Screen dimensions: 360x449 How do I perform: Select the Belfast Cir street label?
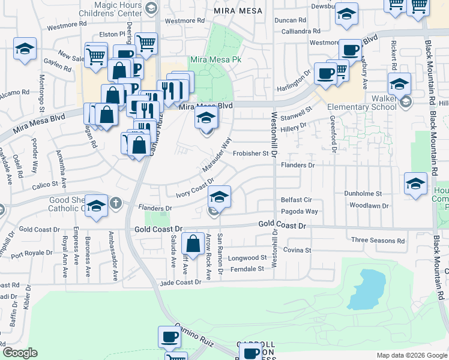coord(297,200)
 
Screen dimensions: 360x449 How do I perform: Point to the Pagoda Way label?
coord(299,212)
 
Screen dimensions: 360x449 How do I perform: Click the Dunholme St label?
coord(363,194)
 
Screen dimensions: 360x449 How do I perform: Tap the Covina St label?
coord(297,250)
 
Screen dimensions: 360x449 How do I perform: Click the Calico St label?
coord(44,185)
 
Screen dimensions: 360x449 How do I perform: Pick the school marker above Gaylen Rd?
coord(25,50)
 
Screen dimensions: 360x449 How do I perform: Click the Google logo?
coord(20,353)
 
